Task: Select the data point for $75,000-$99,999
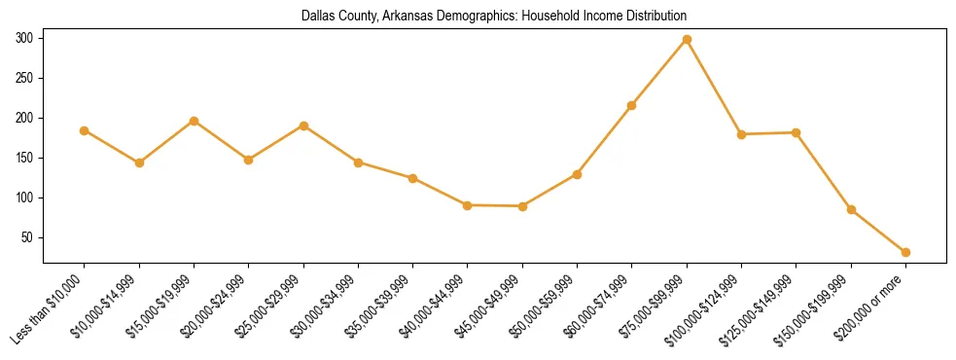(687, 40)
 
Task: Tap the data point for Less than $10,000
(85, 130)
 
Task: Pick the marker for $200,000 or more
(905, 252)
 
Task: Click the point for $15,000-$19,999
(195, 121)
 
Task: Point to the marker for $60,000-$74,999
(632, 105)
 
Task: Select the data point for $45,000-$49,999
(522, 206)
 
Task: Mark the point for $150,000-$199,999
(851, 209)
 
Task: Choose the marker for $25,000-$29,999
(303, 126)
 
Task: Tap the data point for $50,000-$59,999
(578, 174)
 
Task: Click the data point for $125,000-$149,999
(797, 132)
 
